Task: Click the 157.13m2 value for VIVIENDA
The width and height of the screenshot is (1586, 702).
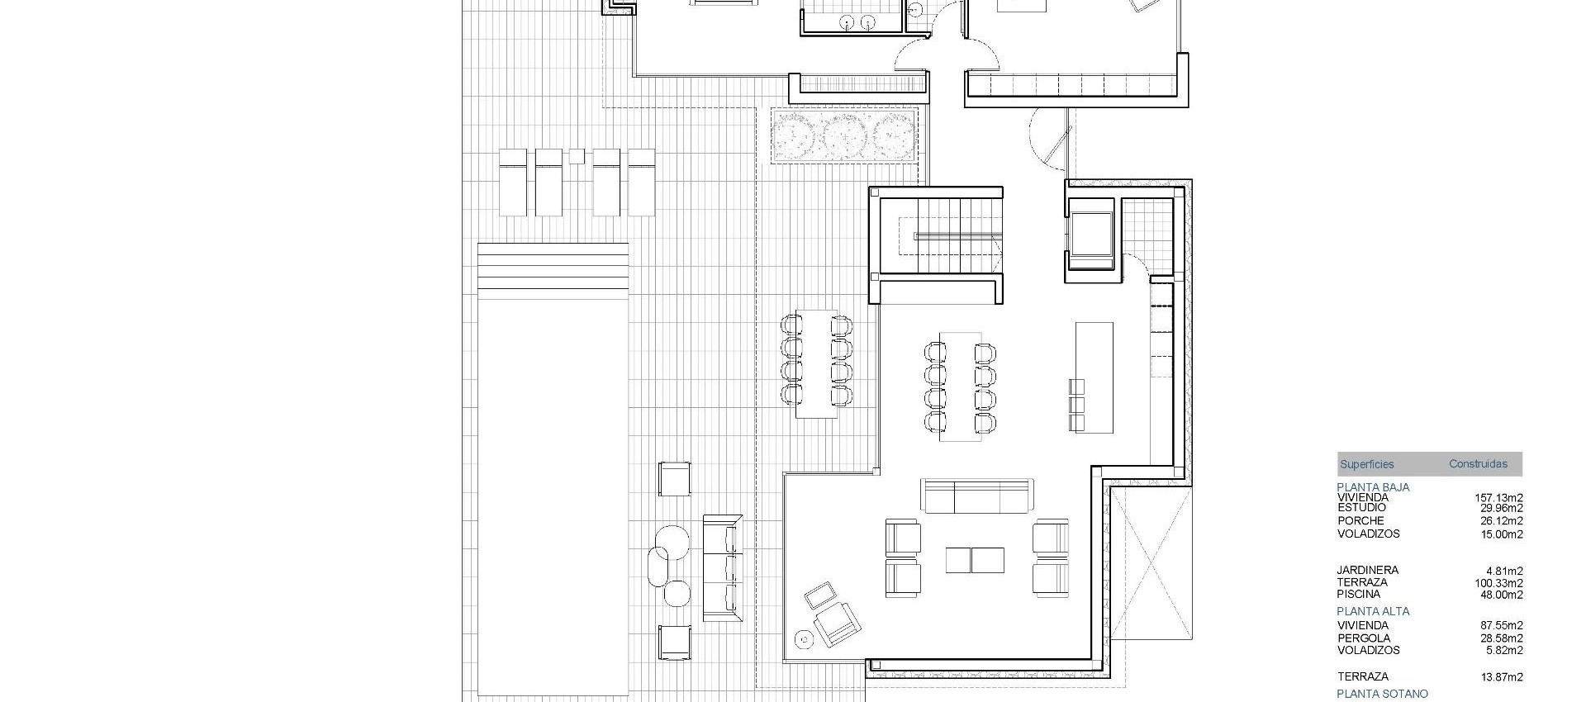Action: (x=1498, y=498)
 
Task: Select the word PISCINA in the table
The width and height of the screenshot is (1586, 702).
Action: (x=1359, y=595)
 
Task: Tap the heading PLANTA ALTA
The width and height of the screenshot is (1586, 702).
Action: (x=1373, y=612)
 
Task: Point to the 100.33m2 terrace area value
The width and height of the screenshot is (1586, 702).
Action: (x=1498, y=583)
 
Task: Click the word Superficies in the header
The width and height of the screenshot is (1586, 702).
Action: (x=1366, y=464)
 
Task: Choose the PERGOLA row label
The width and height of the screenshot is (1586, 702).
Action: (x=1364, y=638)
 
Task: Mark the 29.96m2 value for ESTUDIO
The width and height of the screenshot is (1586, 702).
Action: (x=1501, y=509)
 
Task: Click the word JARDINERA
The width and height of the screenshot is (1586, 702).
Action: (x=1367, y=571)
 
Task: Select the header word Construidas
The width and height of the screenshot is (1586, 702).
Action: (x=1478, y=464)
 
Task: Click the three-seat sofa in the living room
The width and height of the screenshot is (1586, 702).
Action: (x=977, y=496)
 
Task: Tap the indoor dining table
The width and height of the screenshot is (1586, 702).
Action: (x=960, y=387)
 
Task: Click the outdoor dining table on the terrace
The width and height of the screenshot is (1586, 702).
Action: (x=816, y=363)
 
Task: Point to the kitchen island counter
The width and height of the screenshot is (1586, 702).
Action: (x=1094, y=376)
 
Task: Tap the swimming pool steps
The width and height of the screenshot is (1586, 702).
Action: (x=553, y=265)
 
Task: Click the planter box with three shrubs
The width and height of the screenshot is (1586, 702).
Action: (x=845, y=134)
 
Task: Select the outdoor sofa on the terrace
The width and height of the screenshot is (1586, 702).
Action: (x=721, y=567)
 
